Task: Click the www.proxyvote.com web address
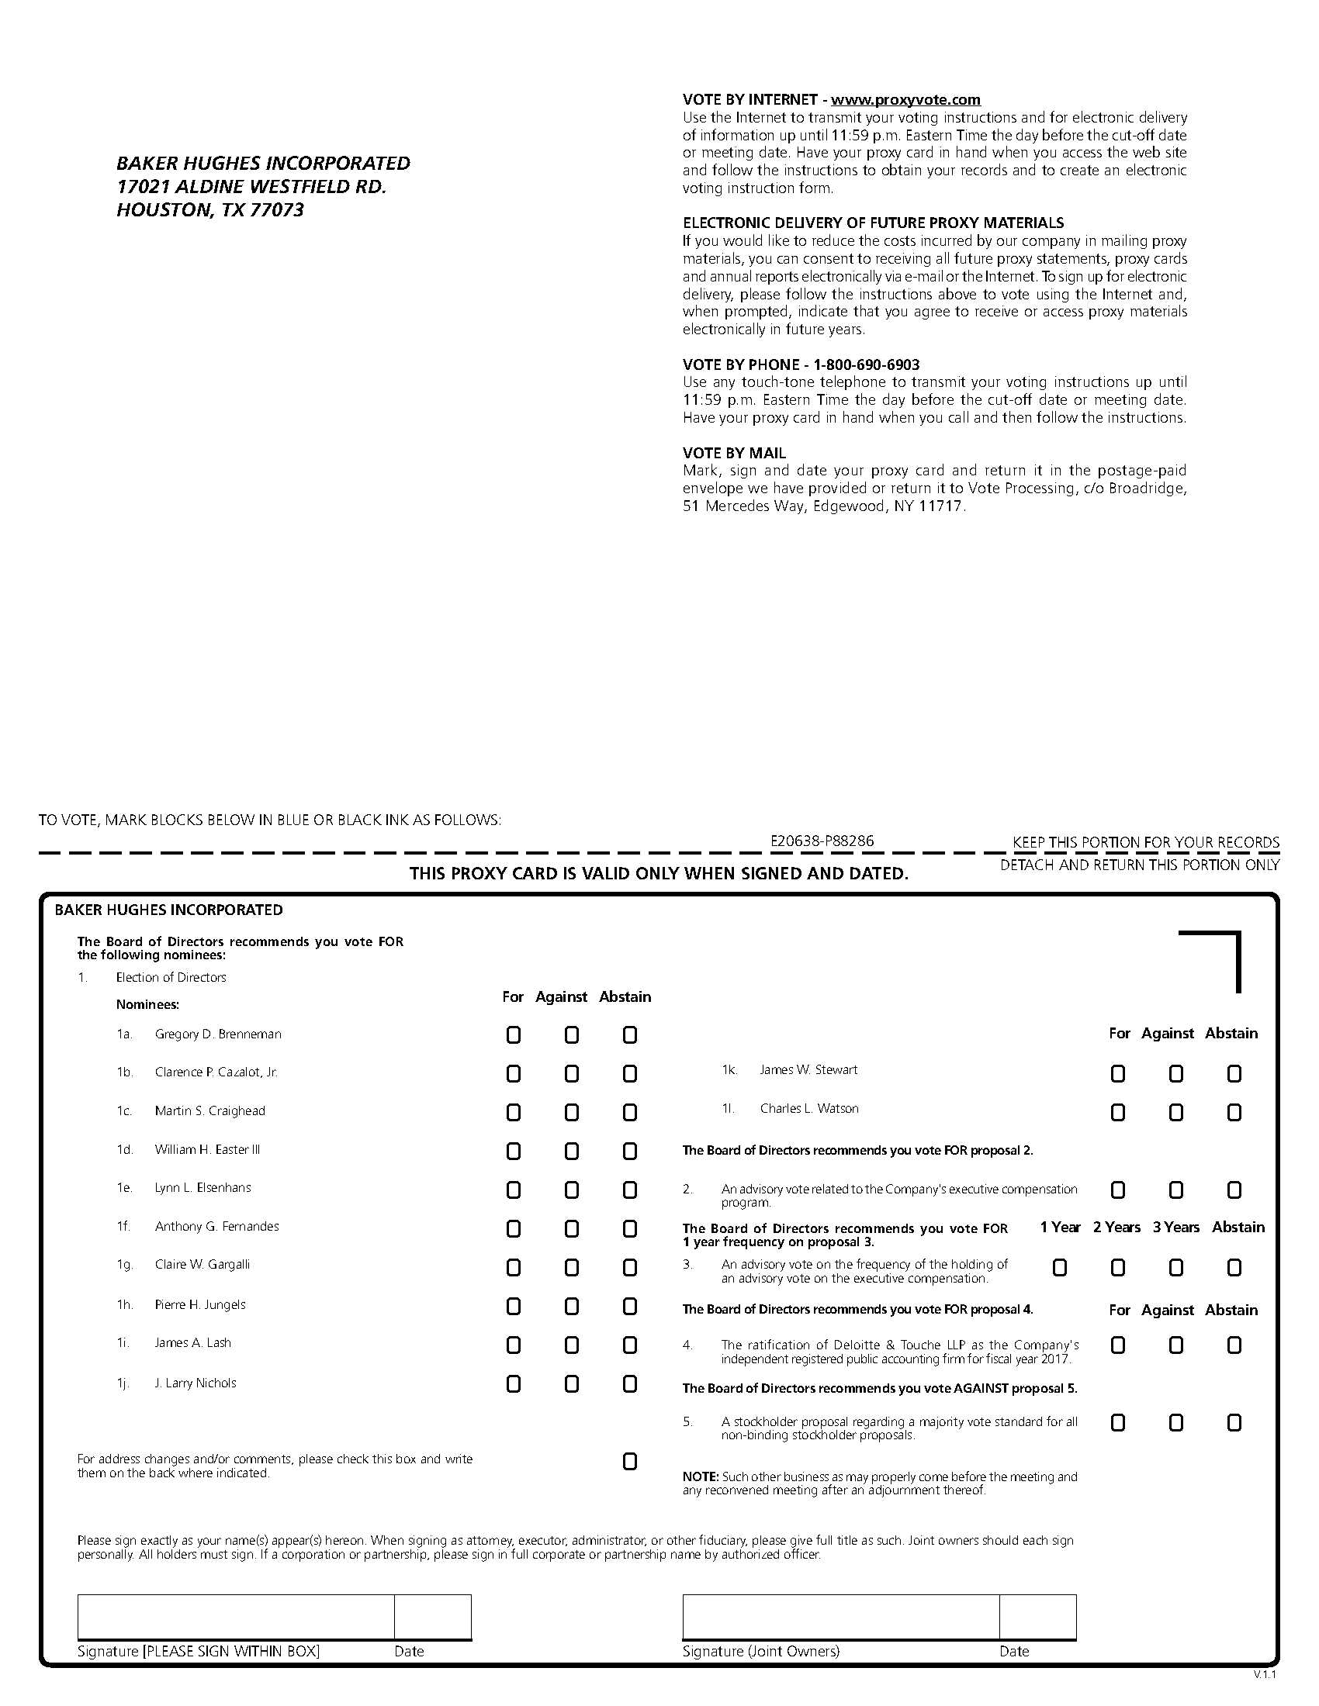905,100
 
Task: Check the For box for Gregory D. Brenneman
514,1035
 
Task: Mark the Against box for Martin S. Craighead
572,1112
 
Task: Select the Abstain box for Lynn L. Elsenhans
630,1190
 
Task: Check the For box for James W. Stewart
1118,1074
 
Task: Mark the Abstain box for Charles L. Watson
1234,1112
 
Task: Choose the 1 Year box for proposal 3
1060,1267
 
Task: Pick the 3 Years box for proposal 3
1176,1267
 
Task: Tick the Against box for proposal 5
1176,1422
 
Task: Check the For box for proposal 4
1118,1345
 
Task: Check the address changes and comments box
630,1462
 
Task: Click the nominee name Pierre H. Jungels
200,1304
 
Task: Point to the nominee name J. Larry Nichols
196,1383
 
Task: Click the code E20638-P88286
822,841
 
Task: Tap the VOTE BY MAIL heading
735,453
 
